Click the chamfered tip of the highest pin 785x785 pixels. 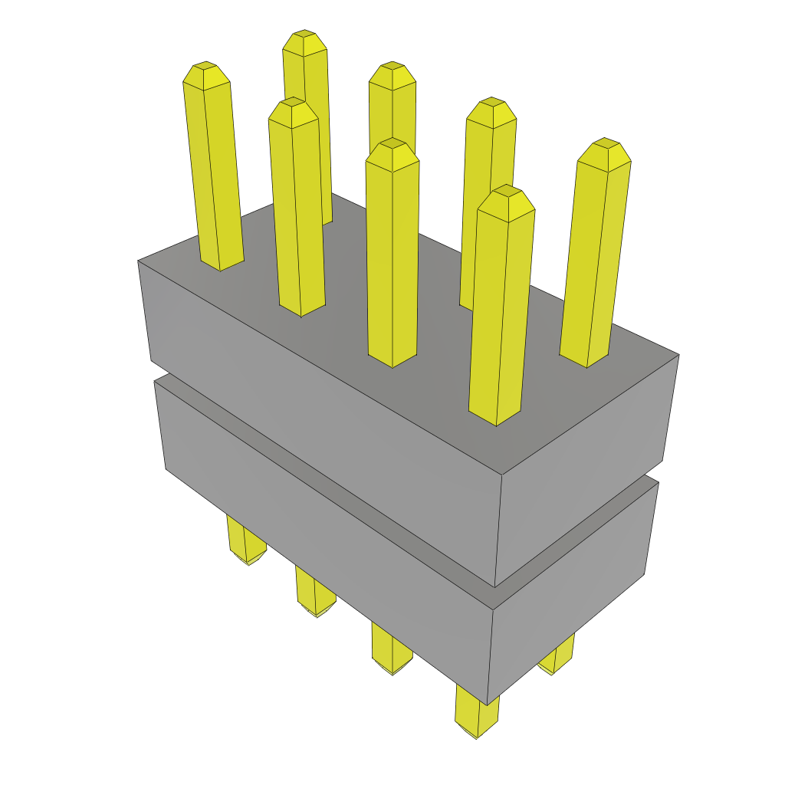tap(304, 42)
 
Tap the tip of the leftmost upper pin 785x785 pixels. tap(205, 74)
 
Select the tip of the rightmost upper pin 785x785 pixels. tap(605, 153)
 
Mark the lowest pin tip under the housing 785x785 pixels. tap(476, 730)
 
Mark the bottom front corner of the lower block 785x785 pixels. tap(488, 704)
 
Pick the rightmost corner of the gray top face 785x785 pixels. tap(678, 355)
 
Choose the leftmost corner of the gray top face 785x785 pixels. tap(139, 261)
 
